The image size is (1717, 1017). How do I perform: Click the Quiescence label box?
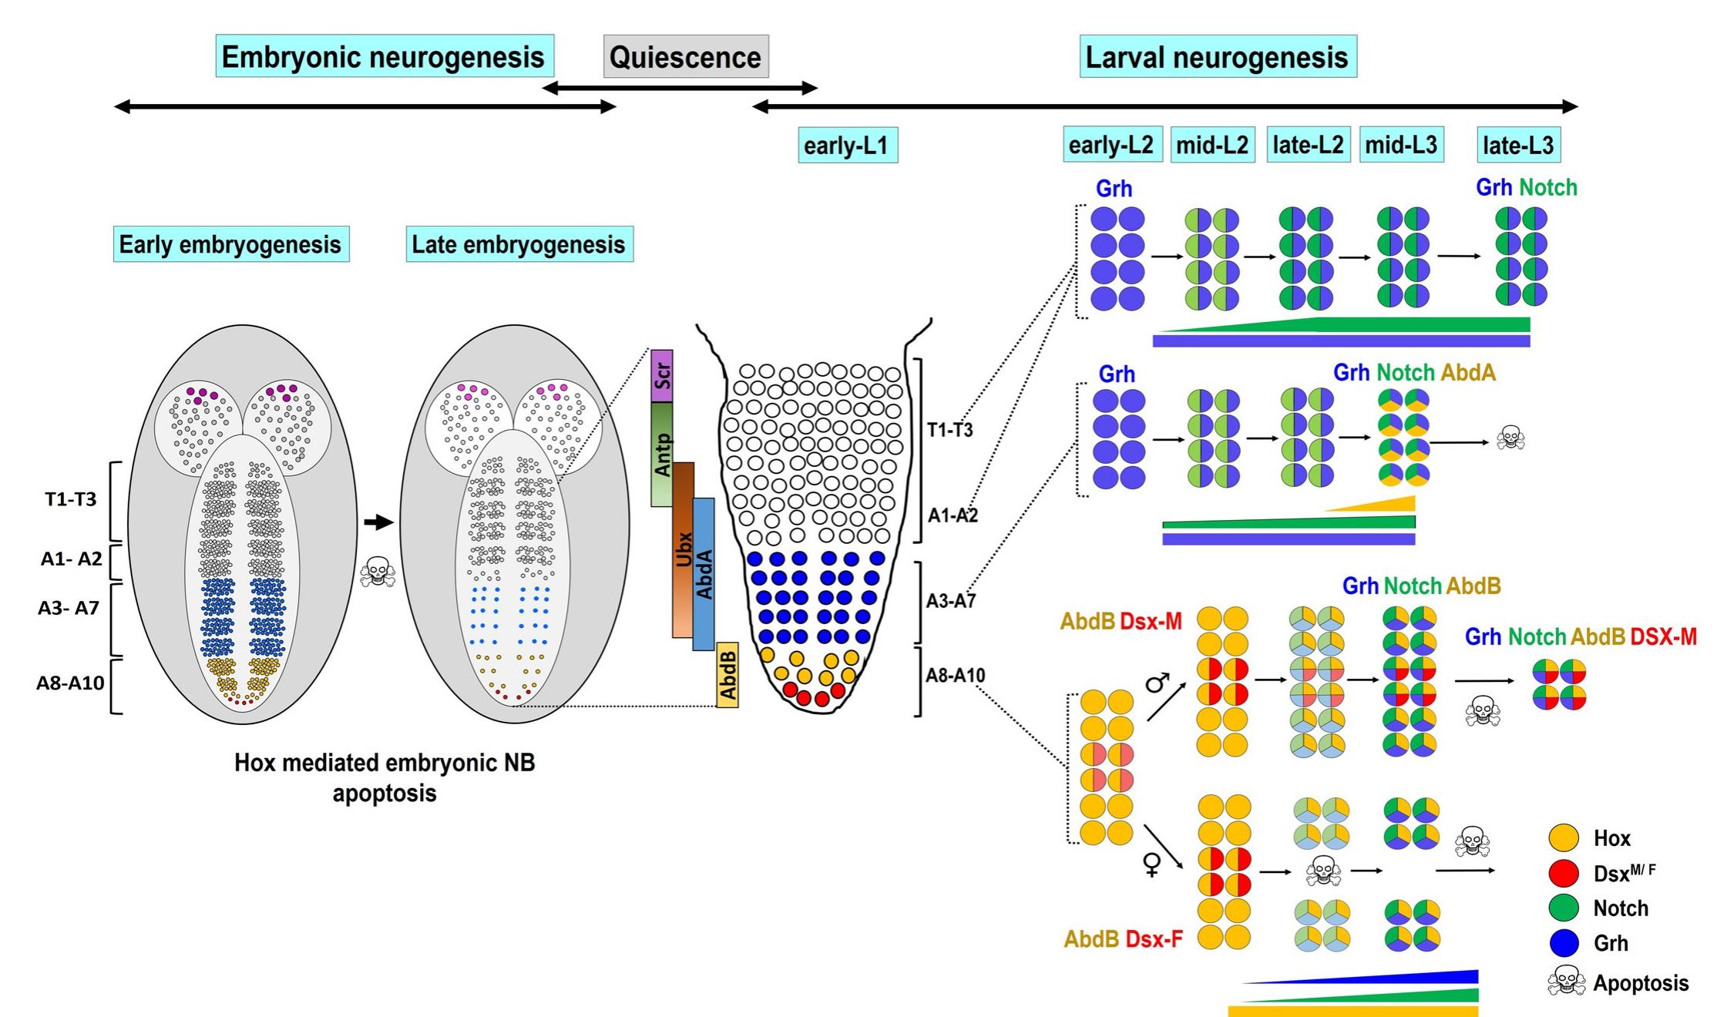click(x=685, y=56)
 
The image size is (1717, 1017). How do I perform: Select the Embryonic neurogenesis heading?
click(x=384, y=56)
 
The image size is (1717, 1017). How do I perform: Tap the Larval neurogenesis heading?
click(x=1217, y=56)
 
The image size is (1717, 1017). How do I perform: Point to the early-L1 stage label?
click(x=847, y=146)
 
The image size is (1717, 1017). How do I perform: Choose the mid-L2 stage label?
click(x=1212, y=145)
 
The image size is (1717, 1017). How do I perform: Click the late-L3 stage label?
click(x=1518, y=145)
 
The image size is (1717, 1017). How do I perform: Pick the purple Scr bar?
click(x=662, y=376)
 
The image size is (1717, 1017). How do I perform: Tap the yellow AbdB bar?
click(x=727, y=675)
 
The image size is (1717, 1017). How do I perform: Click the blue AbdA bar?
click(x=704, y=574)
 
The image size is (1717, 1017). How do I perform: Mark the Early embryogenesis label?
click(x=230, y=244)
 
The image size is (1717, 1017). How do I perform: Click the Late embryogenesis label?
click(x=519, y=244)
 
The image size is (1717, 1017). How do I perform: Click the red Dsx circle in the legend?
click(x=1564, y=873)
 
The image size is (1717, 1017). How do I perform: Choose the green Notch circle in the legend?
click(x=1564, y=908)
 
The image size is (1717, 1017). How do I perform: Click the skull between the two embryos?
click(x=378, y=572)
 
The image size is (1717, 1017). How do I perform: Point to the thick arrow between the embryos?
click(x=378, y=523)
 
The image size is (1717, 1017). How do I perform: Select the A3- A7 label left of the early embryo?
click(x=69, y=608)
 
